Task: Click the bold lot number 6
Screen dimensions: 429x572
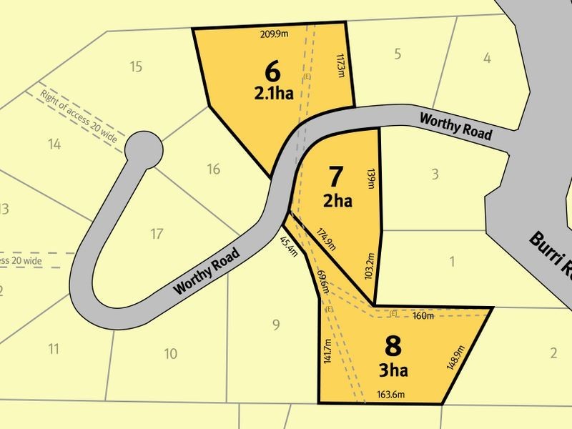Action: (272, 71)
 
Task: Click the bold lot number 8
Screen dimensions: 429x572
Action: (393, 346)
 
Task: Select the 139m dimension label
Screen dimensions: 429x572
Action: (370, 179)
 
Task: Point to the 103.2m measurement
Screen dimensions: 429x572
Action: (369, 266)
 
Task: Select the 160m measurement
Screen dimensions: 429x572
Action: (423, 315)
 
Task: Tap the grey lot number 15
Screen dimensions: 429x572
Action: (137, 67)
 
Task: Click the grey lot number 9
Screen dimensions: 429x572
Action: (275, 326)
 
